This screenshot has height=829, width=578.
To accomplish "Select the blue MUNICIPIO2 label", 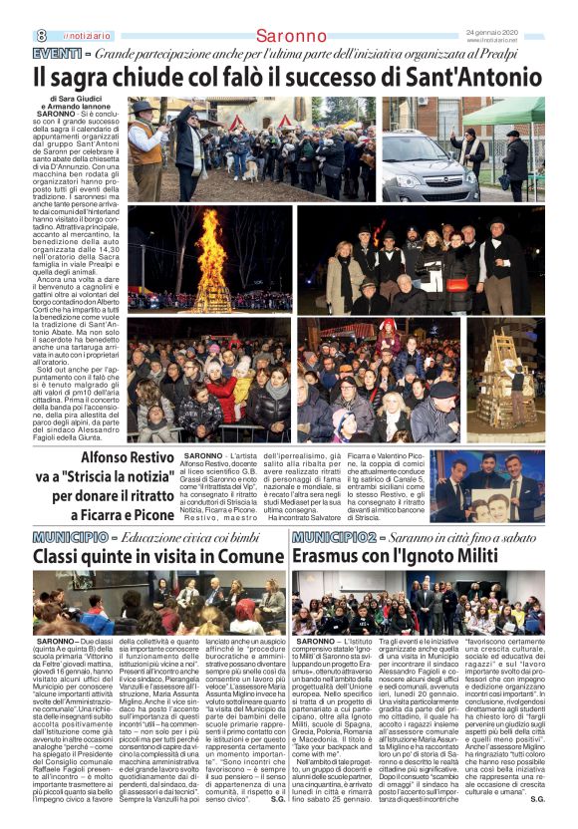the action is point(335,537).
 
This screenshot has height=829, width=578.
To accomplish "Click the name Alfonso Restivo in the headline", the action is point(127,458).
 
